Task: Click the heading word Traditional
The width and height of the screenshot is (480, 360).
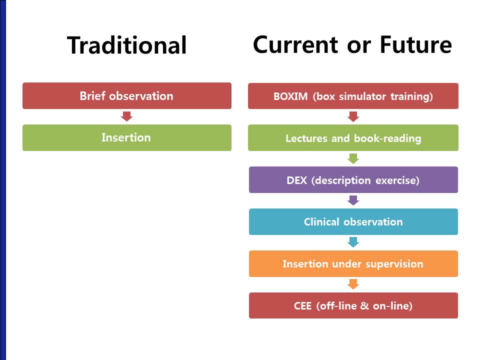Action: coord(126,45)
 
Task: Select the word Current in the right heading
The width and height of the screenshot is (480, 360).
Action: coord(295,44)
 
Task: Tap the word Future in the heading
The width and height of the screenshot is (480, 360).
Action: coord(415,44)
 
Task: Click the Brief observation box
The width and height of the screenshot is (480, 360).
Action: coord(126,96)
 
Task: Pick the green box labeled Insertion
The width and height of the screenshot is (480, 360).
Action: coord(126,138)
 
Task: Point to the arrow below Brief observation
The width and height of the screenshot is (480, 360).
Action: coord(126,116)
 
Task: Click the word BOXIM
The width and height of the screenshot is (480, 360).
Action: coord(290,96)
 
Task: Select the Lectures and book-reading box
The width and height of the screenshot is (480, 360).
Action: coord(353,138)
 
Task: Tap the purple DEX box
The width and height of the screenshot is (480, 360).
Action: coord(353,179)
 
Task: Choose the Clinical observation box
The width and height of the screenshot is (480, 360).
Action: coord(353,221)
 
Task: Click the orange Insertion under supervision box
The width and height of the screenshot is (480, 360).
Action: coord(353,263)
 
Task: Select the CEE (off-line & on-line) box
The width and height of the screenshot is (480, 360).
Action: coord(353,305)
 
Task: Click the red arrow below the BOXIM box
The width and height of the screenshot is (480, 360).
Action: coord(353,116)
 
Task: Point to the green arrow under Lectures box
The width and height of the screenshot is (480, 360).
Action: coord(353,158)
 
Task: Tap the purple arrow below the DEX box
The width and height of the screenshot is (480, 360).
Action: coord(353,200)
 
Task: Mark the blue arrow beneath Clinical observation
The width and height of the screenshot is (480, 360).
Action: coord(353,242)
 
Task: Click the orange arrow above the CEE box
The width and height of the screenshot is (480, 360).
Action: coord(353,284)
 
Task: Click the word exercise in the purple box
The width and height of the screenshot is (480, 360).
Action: coord(397,180)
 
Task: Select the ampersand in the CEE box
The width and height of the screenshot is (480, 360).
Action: coord(364,306)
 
